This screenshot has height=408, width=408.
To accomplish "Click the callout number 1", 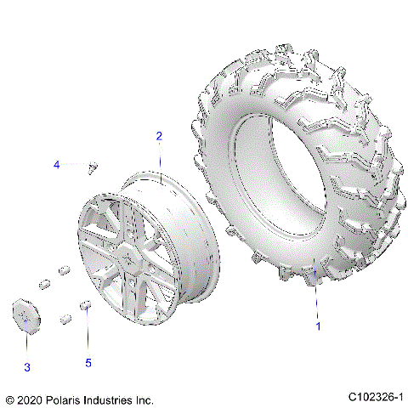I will (318, 326).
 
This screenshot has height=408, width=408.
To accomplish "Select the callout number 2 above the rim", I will (159, 136).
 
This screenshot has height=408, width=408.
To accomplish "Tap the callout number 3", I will (26, 366).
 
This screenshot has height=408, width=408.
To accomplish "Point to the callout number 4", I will (57, 163).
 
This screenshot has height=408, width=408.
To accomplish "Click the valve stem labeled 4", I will (93, 166).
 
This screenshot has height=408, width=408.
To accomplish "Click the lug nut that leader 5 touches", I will (85, 304).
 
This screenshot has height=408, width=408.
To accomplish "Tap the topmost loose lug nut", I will (63, 269).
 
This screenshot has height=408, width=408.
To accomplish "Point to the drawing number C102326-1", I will (374, 397).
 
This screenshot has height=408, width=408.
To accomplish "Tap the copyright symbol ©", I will (10, 398).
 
